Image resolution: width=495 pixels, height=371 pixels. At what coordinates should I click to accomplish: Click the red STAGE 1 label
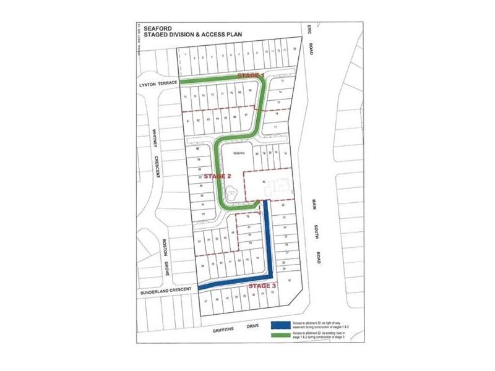pos(251,75)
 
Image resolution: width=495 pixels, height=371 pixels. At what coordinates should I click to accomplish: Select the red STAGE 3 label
pos(262,286)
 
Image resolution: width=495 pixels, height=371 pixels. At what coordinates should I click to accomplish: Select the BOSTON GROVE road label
pos(165,257)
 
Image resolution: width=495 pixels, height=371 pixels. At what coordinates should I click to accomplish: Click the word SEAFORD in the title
pos(153,28)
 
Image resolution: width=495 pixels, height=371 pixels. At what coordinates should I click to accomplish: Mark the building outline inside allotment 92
pos(280,185)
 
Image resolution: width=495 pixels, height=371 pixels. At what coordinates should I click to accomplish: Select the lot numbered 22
pos(283,205)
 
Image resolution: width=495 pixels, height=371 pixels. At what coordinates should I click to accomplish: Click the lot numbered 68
pos(249,92)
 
